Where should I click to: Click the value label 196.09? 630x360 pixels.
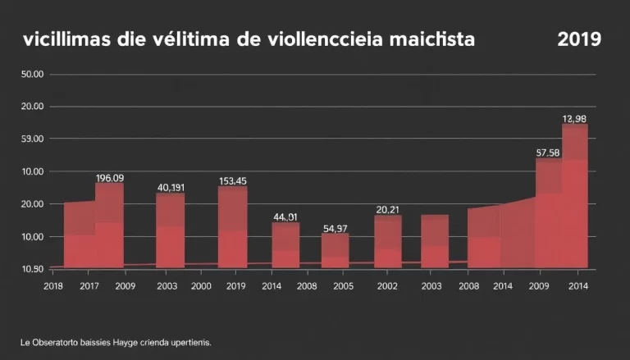[x=109, y=178]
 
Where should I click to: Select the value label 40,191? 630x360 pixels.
[x=171, y=187]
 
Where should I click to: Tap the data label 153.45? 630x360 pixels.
[x=233, y=181]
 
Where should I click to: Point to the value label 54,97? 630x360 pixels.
[x=335, y=228]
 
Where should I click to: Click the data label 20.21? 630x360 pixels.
[x=387, y=209]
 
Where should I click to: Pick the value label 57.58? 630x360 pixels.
[x=548, y=153]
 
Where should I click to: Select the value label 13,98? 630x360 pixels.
[x=575, y=119]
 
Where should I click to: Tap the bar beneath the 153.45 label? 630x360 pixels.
[x=233, y=227]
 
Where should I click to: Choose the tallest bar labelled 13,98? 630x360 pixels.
[x=575, y=196]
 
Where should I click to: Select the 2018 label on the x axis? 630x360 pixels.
[x=53, y=286]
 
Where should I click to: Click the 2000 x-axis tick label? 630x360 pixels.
[x=201, y=286]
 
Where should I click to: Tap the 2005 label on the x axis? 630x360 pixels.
[x=343, y=286]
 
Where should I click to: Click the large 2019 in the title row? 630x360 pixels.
[x=579, y=39]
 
